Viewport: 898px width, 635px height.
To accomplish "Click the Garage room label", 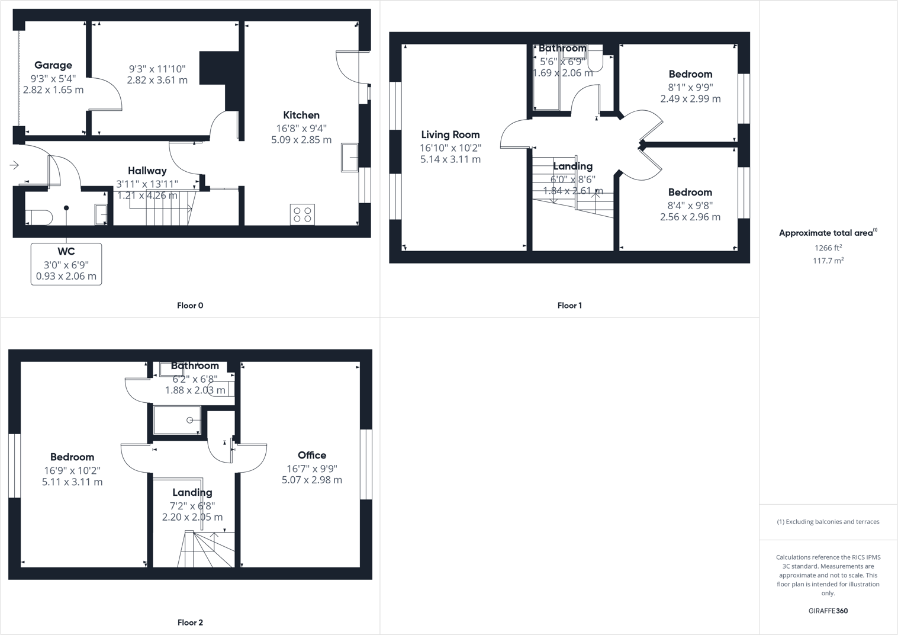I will coord(53,65).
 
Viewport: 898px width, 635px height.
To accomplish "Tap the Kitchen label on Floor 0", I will coord(301,115).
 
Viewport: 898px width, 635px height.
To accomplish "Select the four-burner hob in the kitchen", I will coord(302,214).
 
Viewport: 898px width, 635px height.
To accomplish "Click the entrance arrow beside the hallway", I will coord(14,165).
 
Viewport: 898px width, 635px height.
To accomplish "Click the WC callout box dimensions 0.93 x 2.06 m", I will coord(66,276).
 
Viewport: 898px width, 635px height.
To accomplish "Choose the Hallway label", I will coord(147,171).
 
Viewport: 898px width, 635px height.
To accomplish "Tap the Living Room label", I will coord(450,134).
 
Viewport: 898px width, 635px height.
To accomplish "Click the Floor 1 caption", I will coord(569,306).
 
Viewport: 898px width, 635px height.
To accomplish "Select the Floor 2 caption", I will coord(190,623).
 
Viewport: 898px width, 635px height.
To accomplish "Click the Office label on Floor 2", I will coord(312,455).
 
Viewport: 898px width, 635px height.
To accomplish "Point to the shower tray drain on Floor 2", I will coord(189,420).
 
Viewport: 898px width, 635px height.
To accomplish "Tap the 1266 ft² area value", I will coord(828,248).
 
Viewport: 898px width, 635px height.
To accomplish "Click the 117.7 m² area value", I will coord(828,261).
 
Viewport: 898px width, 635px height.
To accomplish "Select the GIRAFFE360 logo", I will coord(828,611).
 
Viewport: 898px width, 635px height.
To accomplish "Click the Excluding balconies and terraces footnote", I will coord(828,522).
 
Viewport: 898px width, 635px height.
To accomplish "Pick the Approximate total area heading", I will coord(827,233).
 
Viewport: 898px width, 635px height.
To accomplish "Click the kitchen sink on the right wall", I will coord(349,158).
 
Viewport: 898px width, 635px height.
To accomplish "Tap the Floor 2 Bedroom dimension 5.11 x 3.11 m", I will coord(72,482).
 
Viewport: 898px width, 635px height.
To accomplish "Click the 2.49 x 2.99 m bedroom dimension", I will coord(691,99).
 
